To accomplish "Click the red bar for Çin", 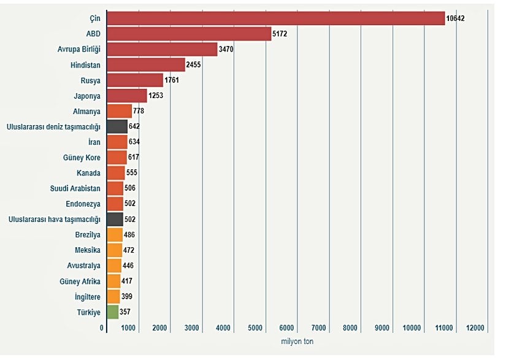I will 275,18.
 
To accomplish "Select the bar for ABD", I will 188,34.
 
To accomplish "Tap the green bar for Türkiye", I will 112,312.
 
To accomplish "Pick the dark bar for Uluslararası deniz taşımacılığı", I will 117,126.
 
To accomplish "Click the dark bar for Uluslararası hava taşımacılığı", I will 115,219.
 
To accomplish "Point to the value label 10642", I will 456,18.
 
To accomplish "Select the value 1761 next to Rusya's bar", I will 172,80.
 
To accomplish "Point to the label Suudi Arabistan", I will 75,188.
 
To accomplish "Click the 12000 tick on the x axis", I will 476,328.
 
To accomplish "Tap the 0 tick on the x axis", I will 102,328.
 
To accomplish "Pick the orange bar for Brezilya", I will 114,235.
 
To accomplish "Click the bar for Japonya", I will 126,96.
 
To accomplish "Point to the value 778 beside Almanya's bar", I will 139,111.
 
